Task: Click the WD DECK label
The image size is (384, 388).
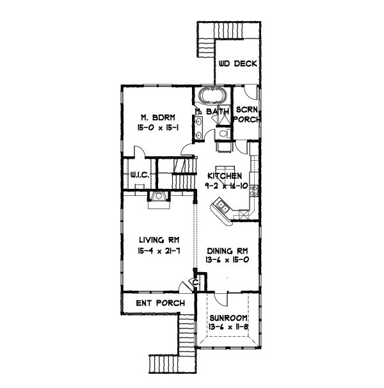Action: [x=237, y=64]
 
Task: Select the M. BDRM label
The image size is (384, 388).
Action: [x=153, y=118]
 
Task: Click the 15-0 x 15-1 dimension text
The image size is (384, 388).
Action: [x=154, y=129]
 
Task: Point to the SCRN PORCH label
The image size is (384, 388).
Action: [x=245, y=115]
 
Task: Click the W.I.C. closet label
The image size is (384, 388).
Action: [x=140, y=174]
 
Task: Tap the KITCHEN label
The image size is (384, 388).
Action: [x=224, y=175]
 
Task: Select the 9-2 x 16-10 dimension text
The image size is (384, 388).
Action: [x=224, y=185]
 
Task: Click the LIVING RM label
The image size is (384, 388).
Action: [x=158, y=241]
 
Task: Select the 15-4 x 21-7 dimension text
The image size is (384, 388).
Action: [x=158, y=252]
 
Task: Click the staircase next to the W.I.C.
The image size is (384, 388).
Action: [x=175, y=173]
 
